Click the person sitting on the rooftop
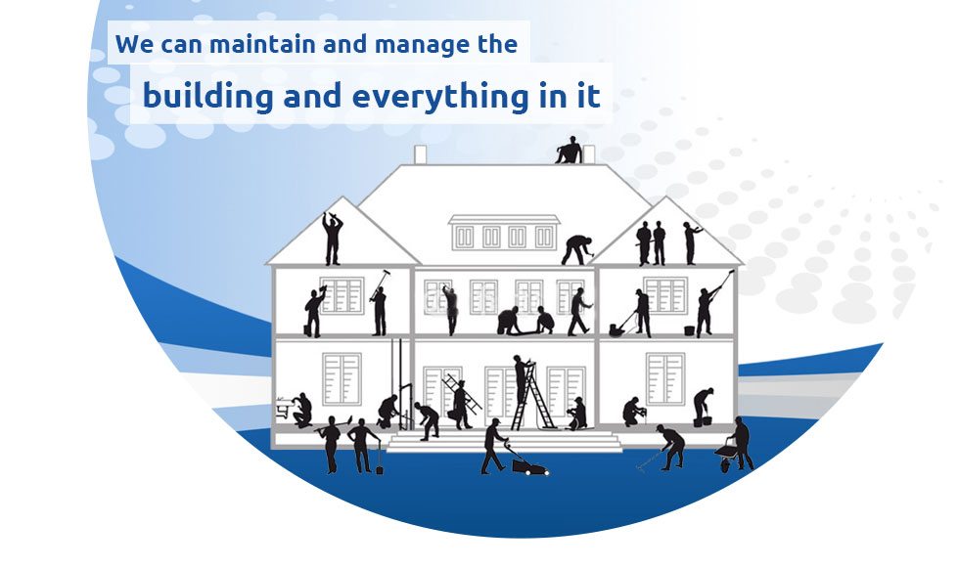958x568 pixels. pyautogui.click(x=569, y=150)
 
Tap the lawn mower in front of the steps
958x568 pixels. pyautogui.click(x=529, y=464)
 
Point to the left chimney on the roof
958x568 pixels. pyautogui.click(x=421, y=154)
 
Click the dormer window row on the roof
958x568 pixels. pyautogui.click(x=503, y=235)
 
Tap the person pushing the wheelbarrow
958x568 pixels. pyautogui.click(x=741, y=443)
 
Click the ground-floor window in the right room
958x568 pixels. pyautogui.click(x=665, y=380)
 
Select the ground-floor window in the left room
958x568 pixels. pyautogui.click(x=342, y=379)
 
